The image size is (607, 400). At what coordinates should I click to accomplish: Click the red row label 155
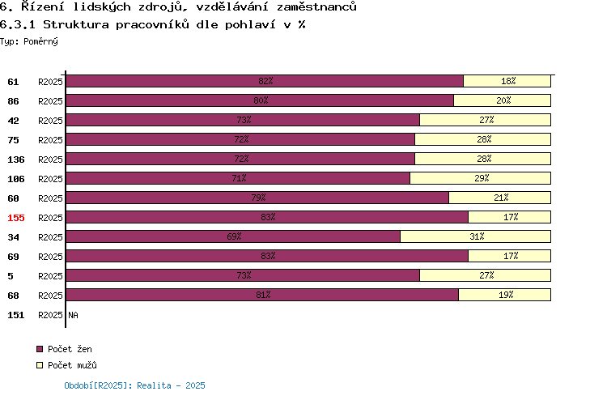tap(16, 218)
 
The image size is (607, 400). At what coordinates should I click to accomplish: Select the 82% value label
tap(265, 81)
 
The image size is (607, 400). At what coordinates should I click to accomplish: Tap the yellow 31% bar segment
tap(475, 236)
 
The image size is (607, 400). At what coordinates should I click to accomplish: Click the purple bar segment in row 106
tap(238, 178)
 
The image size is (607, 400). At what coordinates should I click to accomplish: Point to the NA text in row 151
tap(73, 315)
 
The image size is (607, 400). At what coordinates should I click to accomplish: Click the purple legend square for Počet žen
tap(40, 349)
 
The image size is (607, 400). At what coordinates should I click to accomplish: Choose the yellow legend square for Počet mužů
tap(40, 365)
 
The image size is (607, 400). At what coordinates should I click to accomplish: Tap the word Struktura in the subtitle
tap(76, 25)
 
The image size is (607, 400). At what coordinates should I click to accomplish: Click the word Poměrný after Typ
tap(40, 41)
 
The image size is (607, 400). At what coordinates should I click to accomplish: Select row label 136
tap(16, 160)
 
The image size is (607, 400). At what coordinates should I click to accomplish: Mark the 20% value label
tap(503, 100)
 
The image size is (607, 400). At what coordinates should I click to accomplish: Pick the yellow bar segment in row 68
tap(505, 295)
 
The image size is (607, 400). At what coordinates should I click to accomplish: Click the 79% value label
tap(258, 198)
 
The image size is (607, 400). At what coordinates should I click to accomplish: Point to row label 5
tap(11, 276)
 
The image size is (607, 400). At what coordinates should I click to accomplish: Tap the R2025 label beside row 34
tap(50, 237)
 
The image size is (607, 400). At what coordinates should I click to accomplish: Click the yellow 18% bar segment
tap(507, 81)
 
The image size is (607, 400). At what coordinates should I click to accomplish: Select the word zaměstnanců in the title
tap(316, 6)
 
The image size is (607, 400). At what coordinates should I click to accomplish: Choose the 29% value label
tap(482, 178)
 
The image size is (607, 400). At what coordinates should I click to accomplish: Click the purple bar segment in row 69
tap(267, 256)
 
